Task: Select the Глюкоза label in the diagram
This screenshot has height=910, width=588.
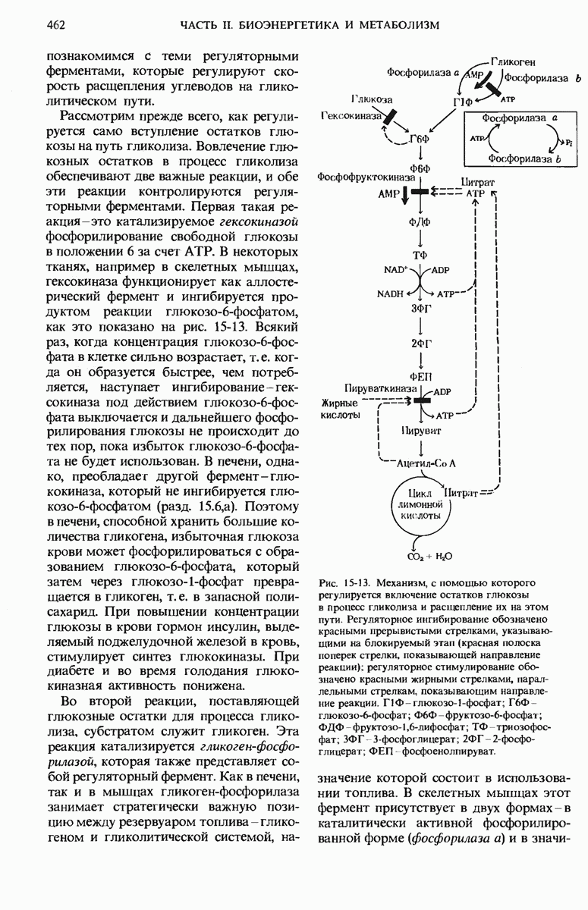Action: (371, 100)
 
